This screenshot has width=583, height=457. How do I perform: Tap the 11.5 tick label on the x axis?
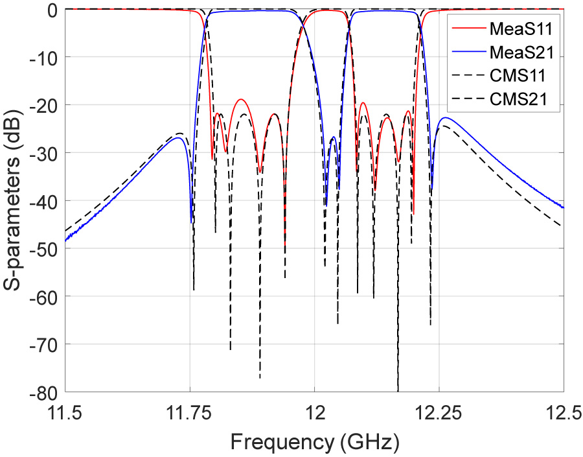click(x=65, y=411)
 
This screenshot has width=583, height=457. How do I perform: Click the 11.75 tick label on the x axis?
click(x=190, y=411)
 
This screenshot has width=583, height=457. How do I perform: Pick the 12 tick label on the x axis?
click(x=314, y=411)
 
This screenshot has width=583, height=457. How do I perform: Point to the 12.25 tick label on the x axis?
click(x=439, y=411)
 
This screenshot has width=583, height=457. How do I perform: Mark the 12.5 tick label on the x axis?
click(x=562, y=411)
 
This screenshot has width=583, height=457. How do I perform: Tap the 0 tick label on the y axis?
click(x=52, y=10)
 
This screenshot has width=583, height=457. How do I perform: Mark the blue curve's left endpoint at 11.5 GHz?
click(x=65, y=240)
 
